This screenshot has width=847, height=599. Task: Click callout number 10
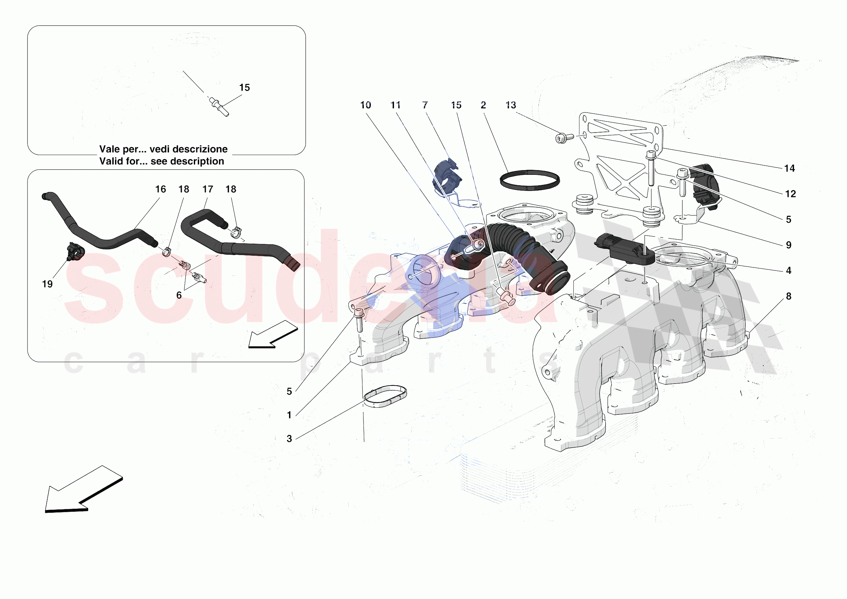coord(365,105)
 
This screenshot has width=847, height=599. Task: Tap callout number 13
coord(511,105)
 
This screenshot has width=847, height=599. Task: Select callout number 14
coord(789,168)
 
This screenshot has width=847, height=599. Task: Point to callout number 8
coord(789,296)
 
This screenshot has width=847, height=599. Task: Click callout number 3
coord(289,439)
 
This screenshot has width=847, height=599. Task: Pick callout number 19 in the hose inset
coord(47,284)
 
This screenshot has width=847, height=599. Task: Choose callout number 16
coord(161,189)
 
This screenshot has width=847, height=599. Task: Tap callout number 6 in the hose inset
coord(179,295)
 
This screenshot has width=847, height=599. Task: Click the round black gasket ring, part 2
coord(530,172)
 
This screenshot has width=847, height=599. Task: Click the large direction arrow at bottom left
coord(83,489)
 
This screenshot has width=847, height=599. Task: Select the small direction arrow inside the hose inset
coord(273,334)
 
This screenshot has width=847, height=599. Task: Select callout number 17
coord(208,189)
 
